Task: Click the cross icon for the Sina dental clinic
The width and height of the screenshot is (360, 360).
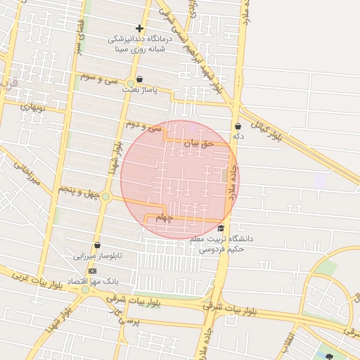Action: (140, 29)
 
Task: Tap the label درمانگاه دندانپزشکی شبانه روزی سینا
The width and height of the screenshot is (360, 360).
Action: (141, 44)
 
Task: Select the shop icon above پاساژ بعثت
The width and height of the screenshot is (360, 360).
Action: (140, 79)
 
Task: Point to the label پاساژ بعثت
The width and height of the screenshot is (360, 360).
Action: (156, 90)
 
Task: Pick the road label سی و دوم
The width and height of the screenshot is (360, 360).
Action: (143, 126)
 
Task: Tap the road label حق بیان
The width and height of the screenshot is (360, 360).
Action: (197, 143)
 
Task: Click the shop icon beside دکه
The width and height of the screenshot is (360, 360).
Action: (238, 127)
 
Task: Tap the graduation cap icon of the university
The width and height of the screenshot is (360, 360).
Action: (221, 229)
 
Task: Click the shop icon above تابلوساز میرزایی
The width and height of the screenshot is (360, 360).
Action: (97, 245)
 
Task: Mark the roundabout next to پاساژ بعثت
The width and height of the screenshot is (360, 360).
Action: (131, 83)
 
